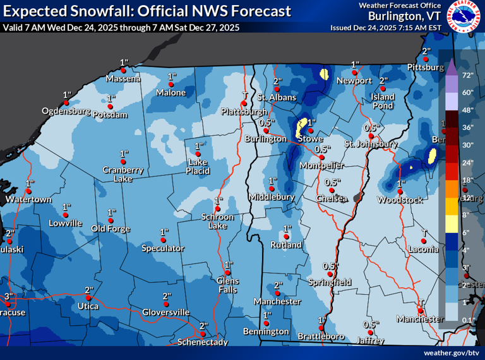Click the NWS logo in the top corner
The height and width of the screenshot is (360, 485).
point(465,17)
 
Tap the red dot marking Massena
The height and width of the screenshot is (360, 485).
point(124,71)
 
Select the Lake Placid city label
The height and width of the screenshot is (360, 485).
point(198,166)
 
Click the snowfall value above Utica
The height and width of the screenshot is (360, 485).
point(88,290)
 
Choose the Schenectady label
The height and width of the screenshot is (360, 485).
point(204,341)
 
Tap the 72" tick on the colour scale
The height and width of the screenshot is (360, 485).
point(468,75)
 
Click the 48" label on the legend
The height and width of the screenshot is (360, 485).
point(468,110)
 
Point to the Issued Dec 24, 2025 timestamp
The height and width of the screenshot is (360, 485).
point(386,28)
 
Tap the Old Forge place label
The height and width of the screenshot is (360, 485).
point(111,229)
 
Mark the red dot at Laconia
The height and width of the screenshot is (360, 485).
point(424,241)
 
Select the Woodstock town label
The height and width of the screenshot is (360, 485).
point(400,200)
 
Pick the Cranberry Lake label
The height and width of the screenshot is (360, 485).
point(124,174)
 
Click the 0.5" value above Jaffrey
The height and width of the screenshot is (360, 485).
point(371,324)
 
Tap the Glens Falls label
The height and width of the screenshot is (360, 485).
point(228,285)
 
